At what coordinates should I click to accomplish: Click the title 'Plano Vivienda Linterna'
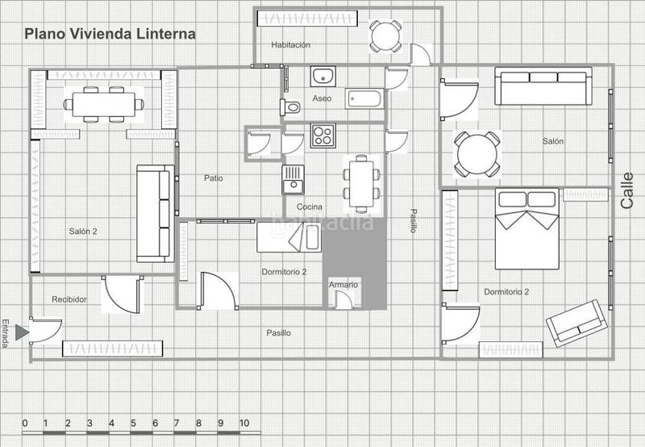coord(109,35)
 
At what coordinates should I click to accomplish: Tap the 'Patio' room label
coord(213,178)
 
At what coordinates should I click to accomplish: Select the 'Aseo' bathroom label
coord(322,98)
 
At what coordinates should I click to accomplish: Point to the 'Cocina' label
coord(310,207)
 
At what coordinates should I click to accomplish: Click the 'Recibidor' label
coord(69,299)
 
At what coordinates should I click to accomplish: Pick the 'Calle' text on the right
coord(628,191)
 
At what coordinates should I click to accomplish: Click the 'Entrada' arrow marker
coord(22,330)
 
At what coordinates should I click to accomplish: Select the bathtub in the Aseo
coord(365,98)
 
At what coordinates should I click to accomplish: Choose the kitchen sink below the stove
coord(292,179)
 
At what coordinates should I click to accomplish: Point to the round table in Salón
coord(476,153)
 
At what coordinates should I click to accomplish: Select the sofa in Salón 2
coord(156,213)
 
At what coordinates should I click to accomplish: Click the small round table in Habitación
coord(385,36)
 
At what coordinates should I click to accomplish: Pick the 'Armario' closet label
coord(343,286)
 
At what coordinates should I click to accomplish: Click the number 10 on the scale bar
coord(244,423)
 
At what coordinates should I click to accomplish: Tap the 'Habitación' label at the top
coord(291,45)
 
